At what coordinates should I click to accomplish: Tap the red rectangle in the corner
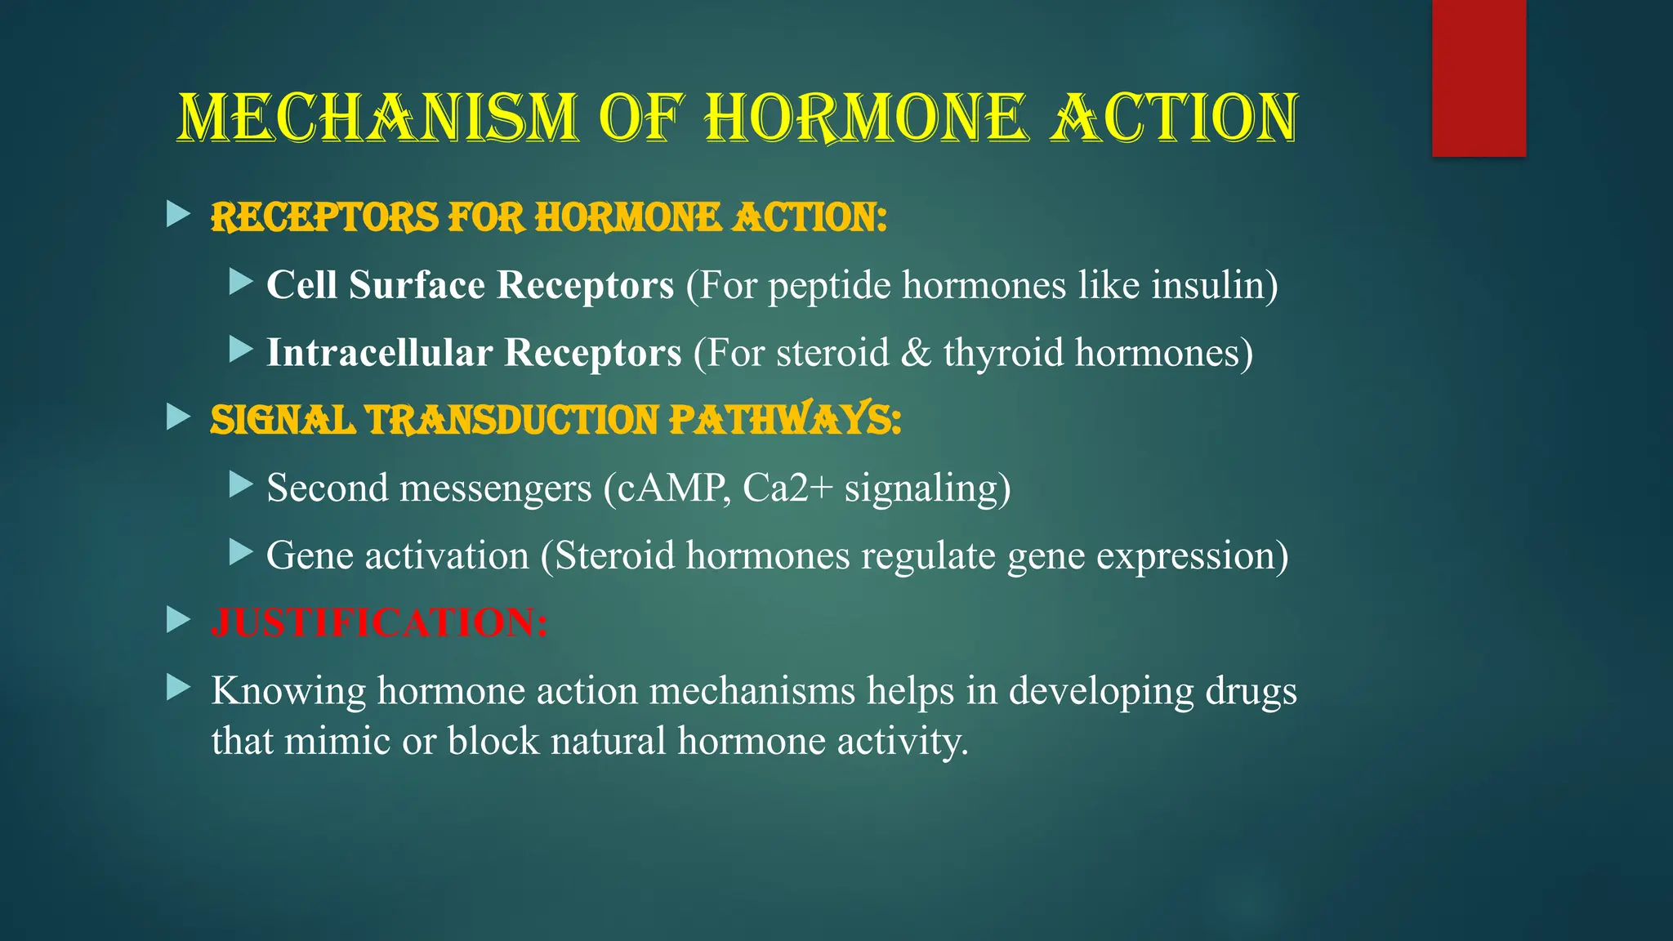(x=1479, y=78)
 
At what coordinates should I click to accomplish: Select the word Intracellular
(x=379, y=353)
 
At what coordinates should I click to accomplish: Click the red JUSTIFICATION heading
(x=379, y=622)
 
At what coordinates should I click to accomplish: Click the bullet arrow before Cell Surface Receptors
(x=241, y=283)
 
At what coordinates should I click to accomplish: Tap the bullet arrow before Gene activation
(x=241, y=553)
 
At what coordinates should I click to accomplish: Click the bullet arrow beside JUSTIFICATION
(x=177, y=620)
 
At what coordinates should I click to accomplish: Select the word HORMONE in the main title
(x=863, y=118)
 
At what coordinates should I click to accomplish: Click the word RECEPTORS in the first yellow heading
(x=325, y=218)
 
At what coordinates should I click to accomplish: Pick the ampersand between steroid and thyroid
(x=916, y=353)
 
